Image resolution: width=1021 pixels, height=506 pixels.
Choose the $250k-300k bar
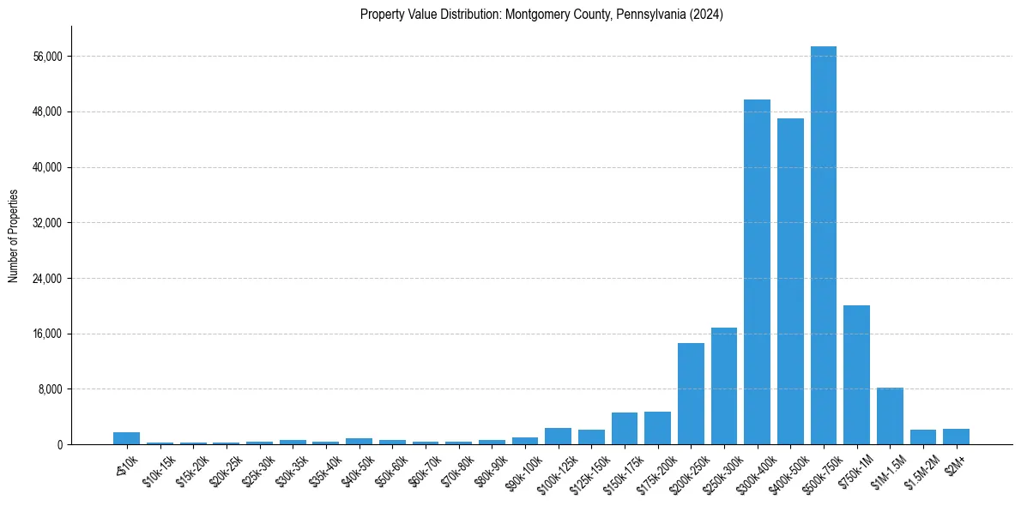[x=723, y=386]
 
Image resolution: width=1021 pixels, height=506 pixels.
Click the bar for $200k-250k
[x=691, y=394]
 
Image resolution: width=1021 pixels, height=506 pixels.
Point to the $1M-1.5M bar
[x=890, y=416]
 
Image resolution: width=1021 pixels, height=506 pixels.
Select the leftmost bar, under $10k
[x=126, y=438]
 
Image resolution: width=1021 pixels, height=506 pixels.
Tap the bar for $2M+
[x=956, y=437]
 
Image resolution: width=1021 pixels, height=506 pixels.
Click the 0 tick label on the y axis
[x=59, y=445]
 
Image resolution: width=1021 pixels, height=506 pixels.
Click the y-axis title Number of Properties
[x=13, y=235]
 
